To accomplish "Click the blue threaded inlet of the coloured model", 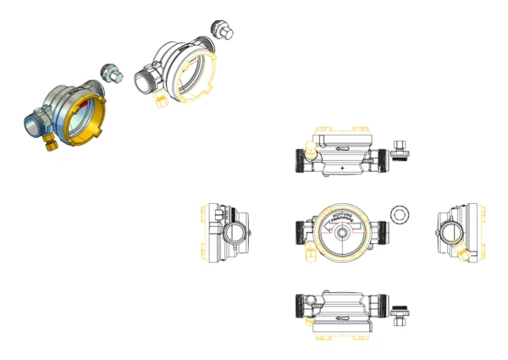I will pos(33,125).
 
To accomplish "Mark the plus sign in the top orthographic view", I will pos(342,169).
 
